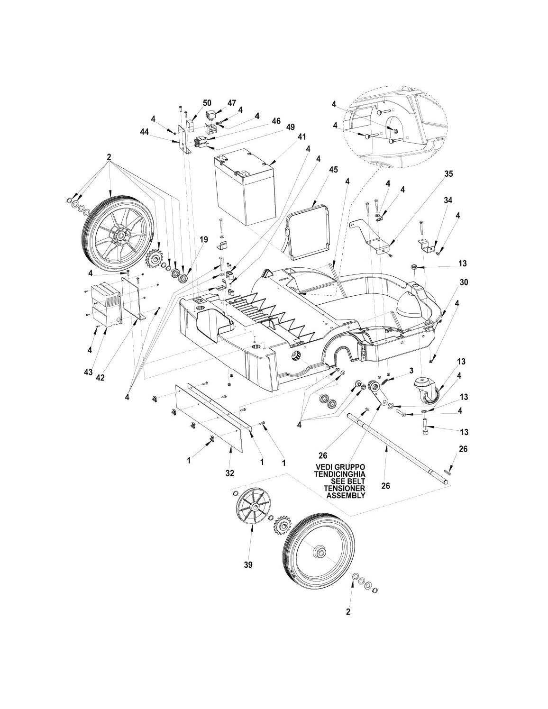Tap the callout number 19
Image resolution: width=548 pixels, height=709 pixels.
tap(203, 240)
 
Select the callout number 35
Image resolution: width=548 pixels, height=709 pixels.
tap(448, 174)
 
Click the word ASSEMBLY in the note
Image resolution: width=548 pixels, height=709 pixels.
tap(346, 496)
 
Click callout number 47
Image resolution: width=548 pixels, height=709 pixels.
tap(231, 103)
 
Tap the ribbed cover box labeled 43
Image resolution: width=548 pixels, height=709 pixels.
tap(106, 303)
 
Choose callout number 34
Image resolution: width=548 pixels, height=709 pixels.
tap(448, 200)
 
